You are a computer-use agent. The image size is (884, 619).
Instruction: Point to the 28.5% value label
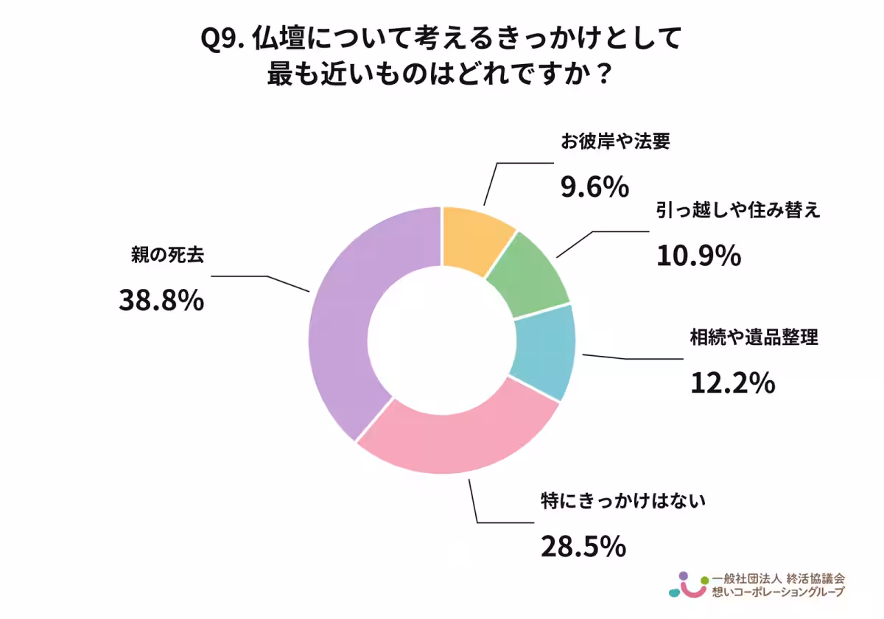pyautogui.click(x=583, y=546)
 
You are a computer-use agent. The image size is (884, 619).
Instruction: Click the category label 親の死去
pyautogui.click(x=164, y=255)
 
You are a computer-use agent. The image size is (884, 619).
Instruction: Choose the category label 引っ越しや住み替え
pyautogui.click(x=737, y=211)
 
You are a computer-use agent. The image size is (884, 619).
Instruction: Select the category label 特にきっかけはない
pyautogui.click(x=623, y=503)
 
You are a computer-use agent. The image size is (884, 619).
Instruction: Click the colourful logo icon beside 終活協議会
pyautogui.click(x=686, y=585)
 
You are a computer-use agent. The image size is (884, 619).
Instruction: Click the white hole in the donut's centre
pyautogui.click(x=441, y=339)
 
